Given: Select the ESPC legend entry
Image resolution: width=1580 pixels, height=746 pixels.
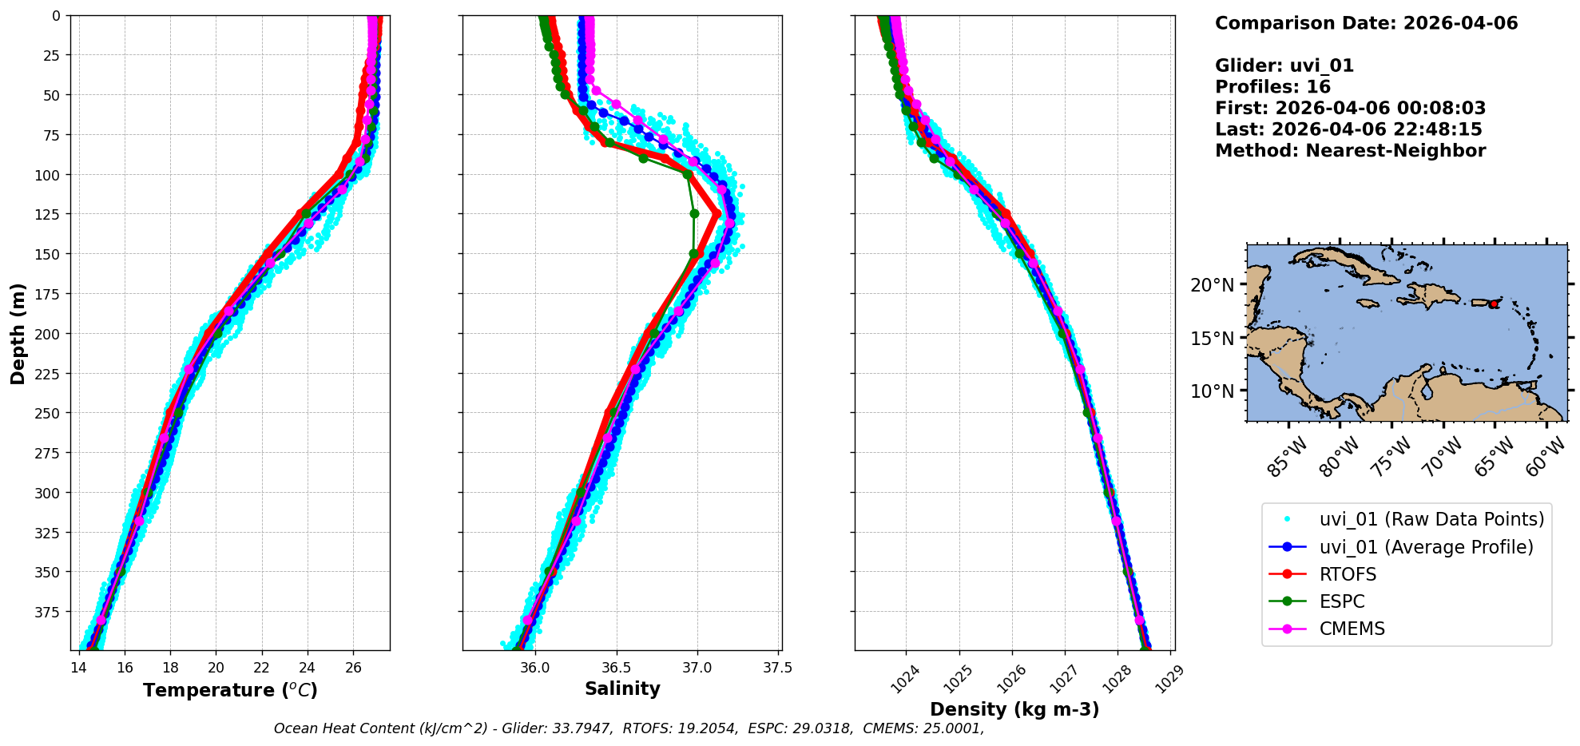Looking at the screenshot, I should pos(1342,601).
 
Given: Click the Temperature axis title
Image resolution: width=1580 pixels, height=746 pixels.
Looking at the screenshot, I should pos(230,690).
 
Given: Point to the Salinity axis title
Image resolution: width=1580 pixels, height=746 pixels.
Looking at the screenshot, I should pos(622,688).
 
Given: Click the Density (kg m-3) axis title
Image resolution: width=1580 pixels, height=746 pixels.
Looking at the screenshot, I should pos(1014,709).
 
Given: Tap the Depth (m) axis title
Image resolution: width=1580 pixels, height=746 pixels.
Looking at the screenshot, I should pos(18,333).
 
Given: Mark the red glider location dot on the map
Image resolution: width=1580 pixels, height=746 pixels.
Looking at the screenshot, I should pos(1493,304).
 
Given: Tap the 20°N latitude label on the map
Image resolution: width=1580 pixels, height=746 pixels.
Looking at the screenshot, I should pos(1213,285).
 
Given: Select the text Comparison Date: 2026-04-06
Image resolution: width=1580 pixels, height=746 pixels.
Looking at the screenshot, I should pos(1366,23).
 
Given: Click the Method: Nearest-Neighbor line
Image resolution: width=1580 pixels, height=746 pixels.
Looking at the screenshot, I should pos(1350,151).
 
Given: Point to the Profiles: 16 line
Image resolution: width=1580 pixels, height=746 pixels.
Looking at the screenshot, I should pos(1272,87).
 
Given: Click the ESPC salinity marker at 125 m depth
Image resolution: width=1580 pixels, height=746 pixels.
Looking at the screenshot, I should pos(694,213).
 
